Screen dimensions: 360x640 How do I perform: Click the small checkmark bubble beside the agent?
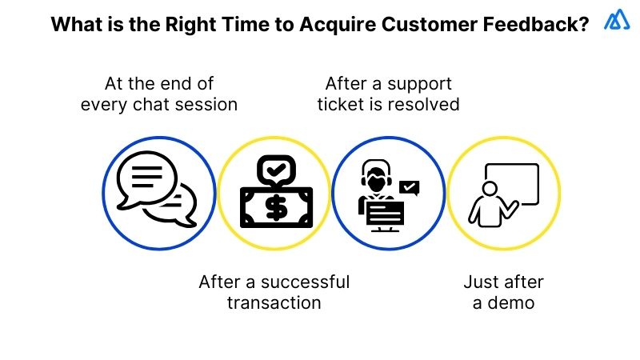tap(410, 189)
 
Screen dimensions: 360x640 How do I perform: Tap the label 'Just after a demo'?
tap(503, 292)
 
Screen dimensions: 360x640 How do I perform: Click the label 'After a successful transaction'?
tap(274, 292)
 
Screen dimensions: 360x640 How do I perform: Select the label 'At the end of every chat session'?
tap(159, 94)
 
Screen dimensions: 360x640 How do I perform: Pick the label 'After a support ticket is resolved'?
tap(388, 94)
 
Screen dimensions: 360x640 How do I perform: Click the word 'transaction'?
tap(274, 302)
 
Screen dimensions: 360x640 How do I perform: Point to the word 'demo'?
tap(513, 302)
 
